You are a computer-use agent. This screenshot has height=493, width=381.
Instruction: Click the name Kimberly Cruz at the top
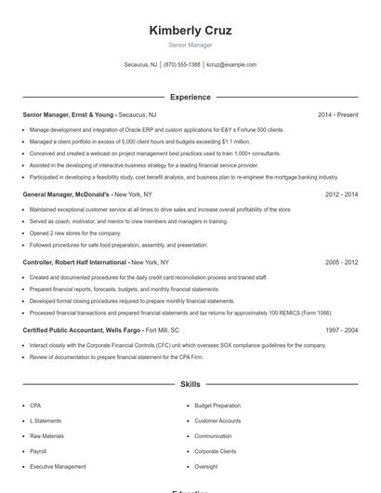click(190, 30)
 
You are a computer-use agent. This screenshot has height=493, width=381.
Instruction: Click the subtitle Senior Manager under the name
click(190, 45)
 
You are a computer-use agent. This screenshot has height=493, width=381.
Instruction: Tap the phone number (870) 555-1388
click(182, 65)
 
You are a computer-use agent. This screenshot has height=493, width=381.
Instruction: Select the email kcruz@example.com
click(231, 65)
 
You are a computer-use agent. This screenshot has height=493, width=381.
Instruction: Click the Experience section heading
click(190, 97)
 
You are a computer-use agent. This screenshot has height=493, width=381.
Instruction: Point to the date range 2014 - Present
click(337, 114)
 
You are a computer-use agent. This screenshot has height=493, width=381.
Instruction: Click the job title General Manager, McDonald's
click(67, 194)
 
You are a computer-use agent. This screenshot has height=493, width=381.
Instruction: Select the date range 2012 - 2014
click(341, 194)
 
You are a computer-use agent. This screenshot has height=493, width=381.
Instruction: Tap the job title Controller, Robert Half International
click(76, 262)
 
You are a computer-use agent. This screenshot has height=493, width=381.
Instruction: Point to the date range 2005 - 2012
click(341, 262)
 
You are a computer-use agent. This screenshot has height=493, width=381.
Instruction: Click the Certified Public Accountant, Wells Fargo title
click(82, 330)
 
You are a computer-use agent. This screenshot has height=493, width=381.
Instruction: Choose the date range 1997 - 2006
click(341, 330)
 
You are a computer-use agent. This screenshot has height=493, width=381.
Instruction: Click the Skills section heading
click(190, 383)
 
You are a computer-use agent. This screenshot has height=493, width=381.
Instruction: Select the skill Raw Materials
click(46, 435)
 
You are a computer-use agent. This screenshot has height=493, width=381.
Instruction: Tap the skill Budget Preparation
click(217, 406)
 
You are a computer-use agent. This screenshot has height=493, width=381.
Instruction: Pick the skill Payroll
click(38, 450)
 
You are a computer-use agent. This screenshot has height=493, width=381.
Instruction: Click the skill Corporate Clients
click(215, 450)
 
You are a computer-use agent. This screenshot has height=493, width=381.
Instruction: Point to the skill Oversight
click(205, 466)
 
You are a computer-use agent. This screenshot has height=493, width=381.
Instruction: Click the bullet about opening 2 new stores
click(75, 233)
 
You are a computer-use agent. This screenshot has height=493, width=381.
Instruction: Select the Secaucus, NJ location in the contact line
click(140, 65)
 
